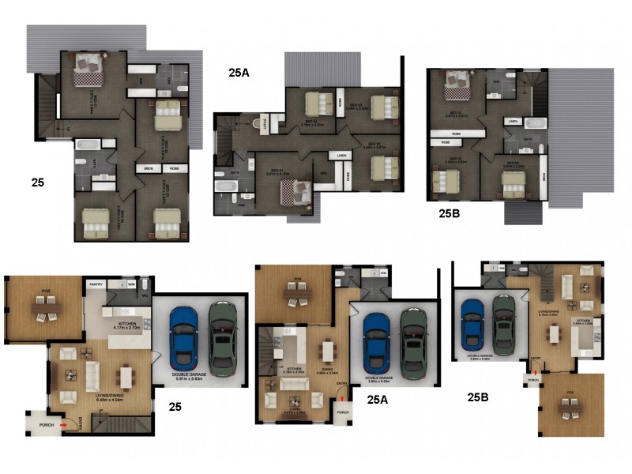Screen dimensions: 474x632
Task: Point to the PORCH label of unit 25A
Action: click(343, 412)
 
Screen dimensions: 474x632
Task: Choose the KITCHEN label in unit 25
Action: click(128, 324)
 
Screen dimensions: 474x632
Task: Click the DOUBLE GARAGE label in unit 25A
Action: click(382, 378)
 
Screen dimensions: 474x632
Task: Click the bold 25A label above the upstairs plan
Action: click(239, 73)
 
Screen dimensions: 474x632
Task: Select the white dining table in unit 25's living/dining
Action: click(125, 376)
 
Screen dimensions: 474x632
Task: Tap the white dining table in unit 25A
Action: click(328, 349)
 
